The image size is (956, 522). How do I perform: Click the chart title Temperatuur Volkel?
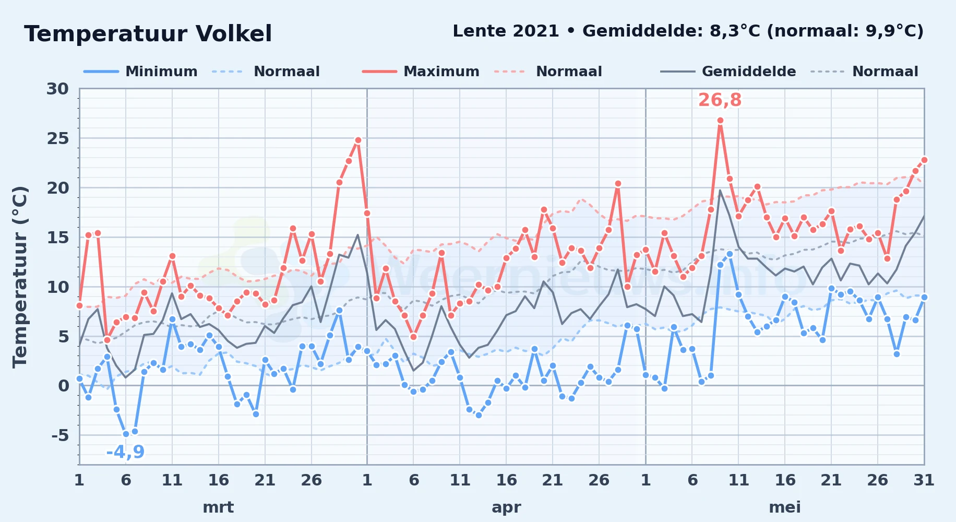(148, 34)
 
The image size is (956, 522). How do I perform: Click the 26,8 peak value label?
(720, 100)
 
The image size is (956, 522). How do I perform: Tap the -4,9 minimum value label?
(125, 452)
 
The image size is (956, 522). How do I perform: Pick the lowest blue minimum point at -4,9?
(126, 434)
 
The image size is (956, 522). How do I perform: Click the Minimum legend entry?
(141, 72)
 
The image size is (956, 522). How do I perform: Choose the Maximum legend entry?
(421, 72)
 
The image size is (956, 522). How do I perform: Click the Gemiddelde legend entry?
(728, 72)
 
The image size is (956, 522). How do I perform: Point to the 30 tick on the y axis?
(57, 89)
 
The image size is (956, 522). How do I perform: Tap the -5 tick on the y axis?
(60, 435)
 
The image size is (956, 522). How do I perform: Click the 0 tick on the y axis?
(64, 386)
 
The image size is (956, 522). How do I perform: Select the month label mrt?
(218, 507)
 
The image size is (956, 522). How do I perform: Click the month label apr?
(506, 507)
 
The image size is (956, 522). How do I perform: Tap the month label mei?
(785, 507)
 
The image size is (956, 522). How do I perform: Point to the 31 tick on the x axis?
(924, 480)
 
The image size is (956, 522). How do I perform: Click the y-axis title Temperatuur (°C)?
(20, 277)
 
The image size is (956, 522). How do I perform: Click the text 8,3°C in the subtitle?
(735, 31)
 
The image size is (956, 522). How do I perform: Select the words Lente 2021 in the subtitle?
(506, 31)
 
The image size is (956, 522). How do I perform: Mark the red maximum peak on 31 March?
(358, 140)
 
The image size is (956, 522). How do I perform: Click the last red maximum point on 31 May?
(924, 160)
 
